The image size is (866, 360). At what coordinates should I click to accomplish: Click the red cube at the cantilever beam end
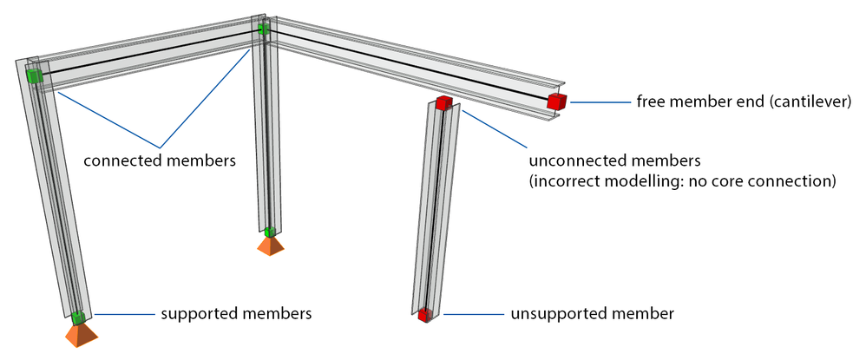556,101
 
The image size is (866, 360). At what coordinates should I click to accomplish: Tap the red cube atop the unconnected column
444,104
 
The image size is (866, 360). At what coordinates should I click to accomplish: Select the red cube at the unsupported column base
424,315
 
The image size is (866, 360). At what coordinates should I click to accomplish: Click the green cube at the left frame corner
34,76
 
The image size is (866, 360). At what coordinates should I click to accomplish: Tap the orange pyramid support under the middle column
271,246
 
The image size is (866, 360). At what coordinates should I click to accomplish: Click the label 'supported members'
236,311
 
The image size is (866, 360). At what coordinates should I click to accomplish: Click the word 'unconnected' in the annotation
574,161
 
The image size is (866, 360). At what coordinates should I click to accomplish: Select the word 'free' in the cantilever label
650,101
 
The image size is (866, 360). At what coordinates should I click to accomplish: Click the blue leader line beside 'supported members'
121,312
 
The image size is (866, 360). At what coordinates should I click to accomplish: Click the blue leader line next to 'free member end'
598,102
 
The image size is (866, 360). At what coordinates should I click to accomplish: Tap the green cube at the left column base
77,316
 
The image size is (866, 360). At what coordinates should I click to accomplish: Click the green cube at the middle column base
270,232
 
